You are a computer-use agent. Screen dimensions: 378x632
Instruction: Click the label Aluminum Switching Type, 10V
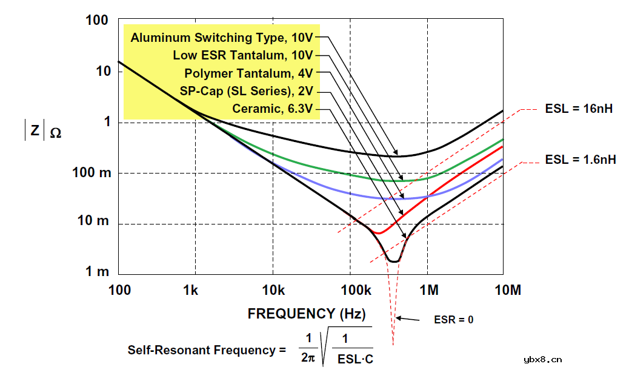pos(222,38)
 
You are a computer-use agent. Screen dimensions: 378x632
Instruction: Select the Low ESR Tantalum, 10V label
pos(243,56)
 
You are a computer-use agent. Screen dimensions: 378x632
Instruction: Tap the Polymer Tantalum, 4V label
pos(248,74)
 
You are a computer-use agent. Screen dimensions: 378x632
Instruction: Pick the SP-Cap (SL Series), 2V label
pos(246,92)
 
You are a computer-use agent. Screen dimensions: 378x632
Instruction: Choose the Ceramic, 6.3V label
pos(272,109)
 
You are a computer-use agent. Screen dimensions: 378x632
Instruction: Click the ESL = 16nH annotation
pos(578,109)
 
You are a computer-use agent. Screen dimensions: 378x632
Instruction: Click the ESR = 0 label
pos(454,319)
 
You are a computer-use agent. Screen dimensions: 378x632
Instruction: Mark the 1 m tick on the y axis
pos(97,271)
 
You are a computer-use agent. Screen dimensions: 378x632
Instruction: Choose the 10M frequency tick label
pos(508,290)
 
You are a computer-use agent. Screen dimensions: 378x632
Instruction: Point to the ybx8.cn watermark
pos(542,359)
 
